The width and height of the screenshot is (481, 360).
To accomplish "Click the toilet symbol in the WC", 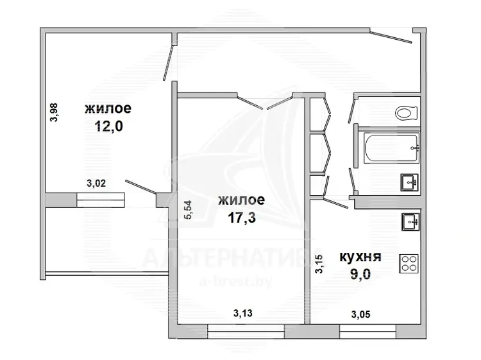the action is [x=406, y=113].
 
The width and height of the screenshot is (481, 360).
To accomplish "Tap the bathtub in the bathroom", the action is [x=391, y=148].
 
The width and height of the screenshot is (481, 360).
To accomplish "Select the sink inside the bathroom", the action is [x=410, y=183].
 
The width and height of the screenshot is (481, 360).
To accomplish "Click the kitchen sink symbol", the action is [x=410, y=222].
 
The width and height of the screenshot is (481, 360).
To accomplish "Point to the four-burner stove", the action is [x=409, y=263].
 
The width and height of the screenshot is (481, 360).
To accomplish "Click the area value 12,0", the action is [x=108, y=126].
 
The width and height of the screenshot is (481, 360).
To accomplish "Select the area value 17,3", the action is [x=241, y=218].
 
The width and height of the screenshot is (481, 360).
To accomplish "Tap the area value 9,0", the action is [x=360, y=274].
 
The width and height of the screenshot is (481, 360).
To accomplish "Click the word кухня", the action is [x=360, y=257].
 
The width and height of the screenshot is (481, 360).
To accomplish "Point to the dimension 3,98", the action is [x=54, y=112].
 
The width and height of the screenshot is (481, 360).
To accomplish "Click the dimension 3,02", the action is [x=96, y=184].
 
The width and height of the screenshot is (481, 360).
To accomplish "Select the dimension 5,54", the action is [x=188, y=210].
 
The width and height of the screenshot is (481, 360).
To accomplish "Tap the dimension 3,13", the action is [x=243, y=313].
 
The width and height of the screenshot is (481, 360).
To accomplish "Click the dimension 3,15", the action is [x=319, y=264].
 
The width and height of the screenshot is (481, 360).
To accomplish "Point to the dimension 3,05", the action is [x=360, y=314].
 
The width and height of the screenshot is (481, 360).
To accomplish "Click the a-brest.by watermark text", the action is [x=235, y=281].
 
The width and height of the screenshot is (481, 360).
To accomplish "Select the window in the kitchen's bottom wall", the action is [x=368, y=332].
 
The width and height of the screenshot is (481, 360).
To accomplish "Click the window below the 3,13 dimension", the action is [x=246, y=332].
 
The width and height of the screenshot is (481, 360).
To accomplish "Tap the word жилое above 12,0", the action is [x=108, y=108].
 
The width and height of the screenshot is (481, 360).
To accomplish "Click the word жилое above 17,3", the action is [x=241, y=200].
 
